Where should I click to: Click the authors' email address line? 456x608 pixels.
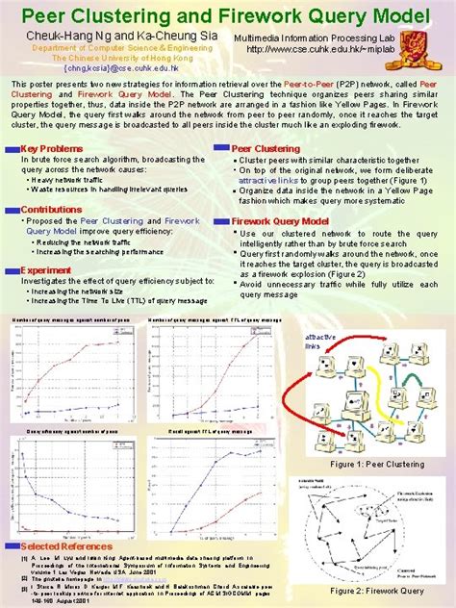pyautogui.click(x=108, y=67)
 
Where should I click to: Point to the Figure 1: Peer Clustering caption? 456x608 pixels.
pyautogui.click(x=376, y=464)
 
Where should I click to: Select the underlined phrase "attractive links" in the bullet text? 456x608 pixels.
pyautogui.click(x=272, y=180)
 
